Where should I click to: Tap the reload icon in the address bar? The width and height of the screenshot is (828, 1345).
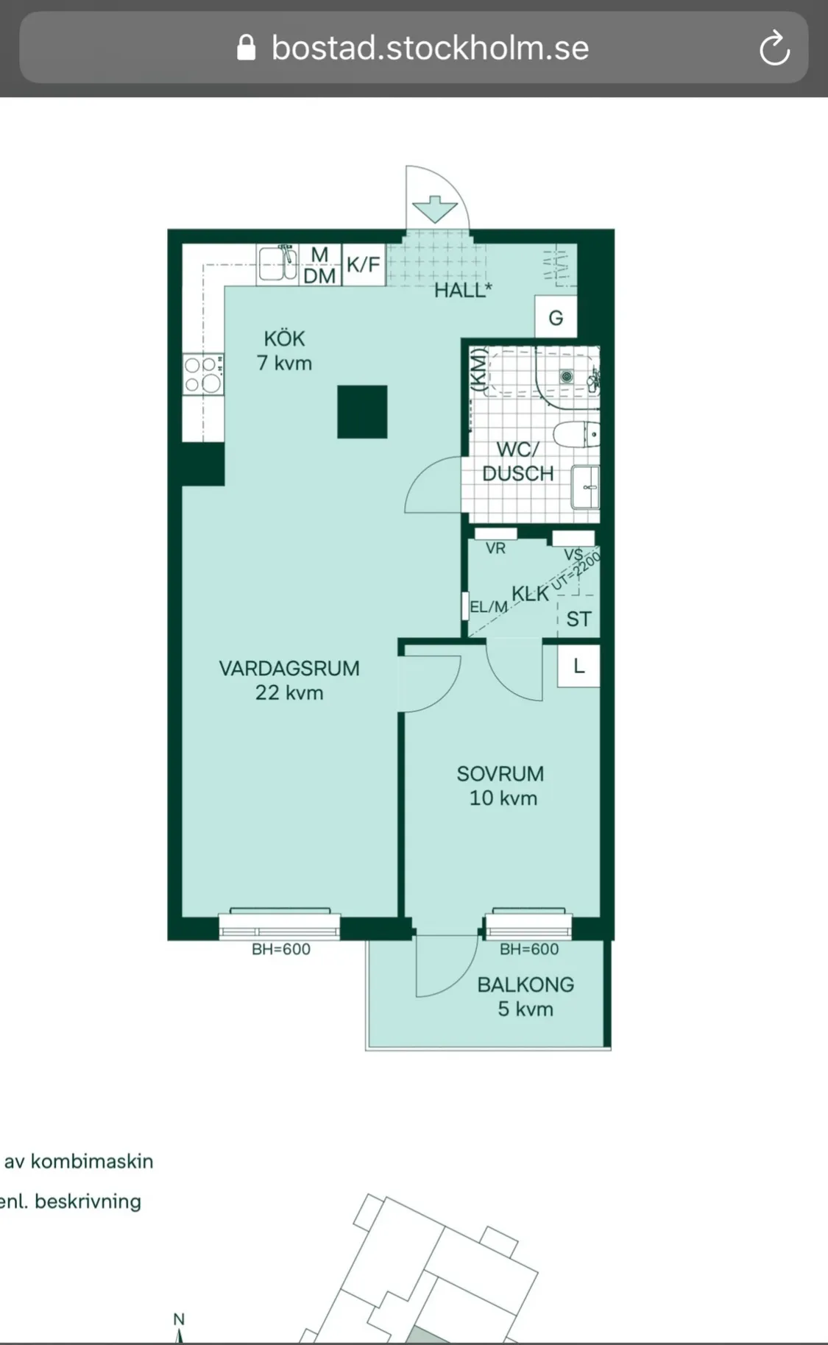pyautogui.click(x=774, y=49)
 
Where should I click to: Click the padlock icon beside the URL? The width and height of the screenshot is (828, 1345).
pyautogui.click(x=247, y=48)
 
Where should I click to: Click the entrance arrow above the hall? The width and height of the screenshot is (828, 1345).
pyautogui.click(x=435, y=209)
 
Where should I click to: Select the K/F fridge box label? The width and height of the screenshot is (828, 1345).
pyautogui.click(x=364, y=264)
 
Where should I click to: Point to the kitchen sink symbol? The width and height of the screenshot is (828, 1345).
pyautogui.click(x=277, y=263)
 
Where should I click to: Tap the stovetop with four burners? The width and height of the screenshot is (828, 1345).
pyautogui.click(x=203, y=374)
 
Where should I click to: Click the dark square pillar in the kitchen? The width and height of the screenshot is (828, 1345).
pyautogui.click(x=362, y=412)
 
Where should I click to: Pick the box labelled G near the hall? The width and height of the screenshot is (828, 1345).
pyautogui.click(x=556, y=317)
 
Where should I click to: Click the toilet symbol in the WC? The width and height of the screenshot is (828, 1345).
pyautogui.click(x=576, y=435)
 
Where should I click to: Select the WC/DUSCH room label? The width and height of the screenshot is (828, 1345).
pyautogui.click(x=518, y=461)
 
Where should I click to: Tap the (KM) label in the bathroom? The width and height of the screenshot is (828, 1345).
pyautogui.click(x=478, y=369)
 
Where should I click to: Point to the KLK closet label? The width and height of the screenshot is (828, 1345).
pyautogui.click(x=531, y=593)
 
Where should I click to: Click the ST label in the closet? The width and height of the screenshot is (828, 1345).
pyautogui.click(x=578, y=620)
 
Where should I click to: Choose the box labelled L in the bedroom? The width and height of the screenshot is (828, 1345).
pyautogui.click(x=578, y=667)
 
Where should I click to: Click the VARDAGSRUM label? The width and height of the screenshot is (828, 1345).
pyautogui.click(x=289, y=669)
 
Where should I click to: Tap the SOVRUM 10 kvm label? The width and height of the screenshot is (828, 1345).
pyautogui.click(x=501, y=786)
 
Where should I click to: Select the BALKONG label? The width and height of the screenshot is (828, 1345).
pyautogui.click(x=526, y=984)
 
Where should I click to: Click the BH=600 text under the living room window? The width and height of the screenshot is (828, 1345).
pyautogui.click(x=281, y=949)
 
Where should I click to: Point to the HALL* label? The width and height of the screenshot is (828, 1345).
pyautogui.click(x=463, y=290)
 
